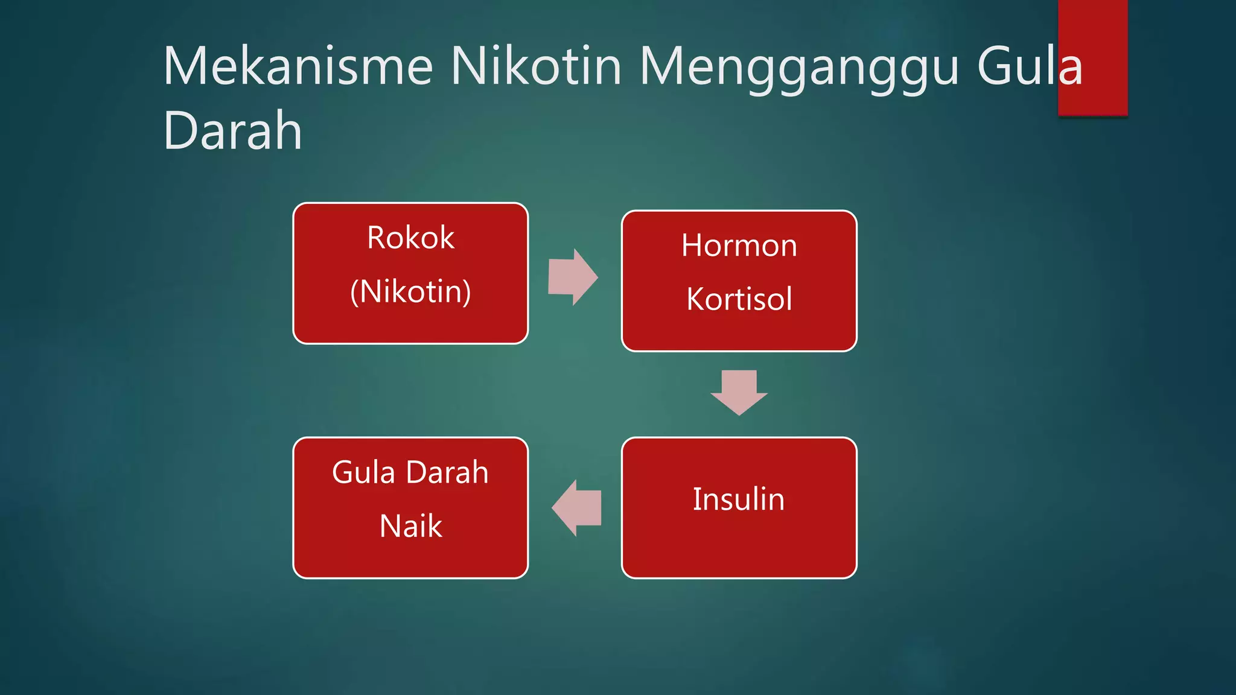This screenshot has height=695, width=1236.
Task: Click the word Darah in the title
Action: (x=233, y=130)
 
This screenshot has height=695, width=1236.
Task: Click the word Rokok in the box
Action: (x=410, y=238)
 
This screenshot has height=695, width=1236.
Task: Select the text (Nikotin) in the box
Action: (x=410, y=292)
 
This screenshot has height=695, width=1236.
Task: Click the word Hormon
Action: (x=739, y=246)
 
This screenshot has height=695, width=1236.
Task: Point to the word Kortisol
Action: (x=739, y=299)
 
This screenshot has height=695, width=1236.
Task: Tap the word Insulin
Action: (x=739, y=500)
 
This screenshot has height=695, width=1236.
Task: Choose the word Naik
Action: (x=410, y=526)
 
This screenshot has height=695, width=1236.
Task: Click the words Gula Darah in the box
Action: (x=410, y=472)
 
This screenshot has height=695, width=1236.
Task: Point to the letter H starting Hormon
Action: (x=693, y=246)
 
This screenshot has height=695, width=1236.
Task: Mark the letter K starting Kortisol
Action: (x=696, y=299)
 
